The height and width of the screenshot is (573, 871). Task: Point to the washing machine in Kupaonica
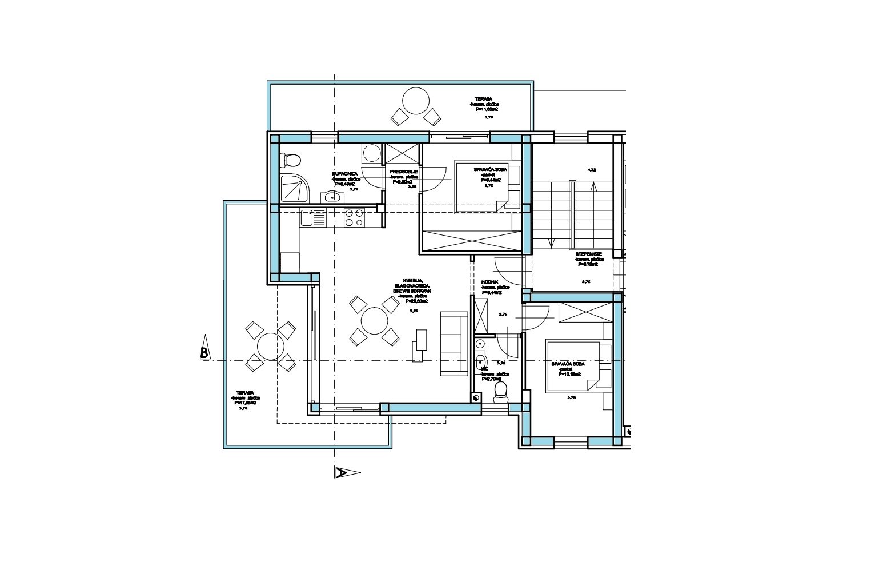[x=372, y=154]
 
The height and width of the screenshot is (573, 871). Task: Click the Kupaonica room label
[x=345, y=173]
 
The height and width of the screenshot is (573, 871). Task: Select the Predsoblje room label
[x=404, y=172]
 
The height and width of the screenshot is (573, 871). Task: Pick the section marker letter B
[x=204, y=353]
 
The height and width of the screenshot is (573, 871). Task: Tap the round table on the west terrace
[x=270, y=345]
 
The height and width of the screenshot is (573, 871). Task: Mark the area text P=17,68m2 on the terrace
[x=246, y=403]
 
